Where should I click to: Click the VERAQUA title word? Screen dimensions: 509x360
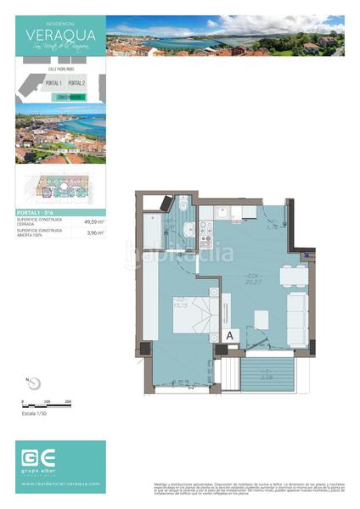pyautogui.click(x=60, y=35)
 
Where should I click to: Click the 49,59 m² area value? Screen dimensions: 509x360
pyautogui.click(x=93, y=221)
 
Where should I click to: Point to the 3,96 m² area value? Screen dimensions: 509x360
pyautogui.click(x=94, y=232)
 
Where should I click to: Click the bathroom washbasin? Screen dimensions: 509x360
pyautogui.click(x=191, y=229)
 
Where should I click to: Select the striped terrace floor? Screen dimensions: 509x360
pyautogui.click(x=264, y=372)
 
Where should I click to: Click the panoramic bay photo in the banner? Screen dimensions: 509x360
pyautogui.click(x=225, y=36)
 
